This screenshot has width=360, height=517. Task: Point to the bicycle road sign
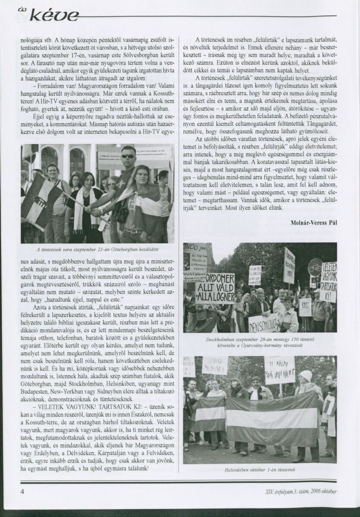[x=315, y=267]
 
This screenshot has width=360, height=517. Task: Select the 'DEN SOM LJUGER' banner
[x=263, y=323]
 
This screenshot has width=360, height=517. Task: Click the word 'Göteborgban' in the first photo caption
[x=117, y=249]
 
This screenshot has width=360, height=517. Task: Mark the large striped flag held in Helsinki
[x=272, y=420]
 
